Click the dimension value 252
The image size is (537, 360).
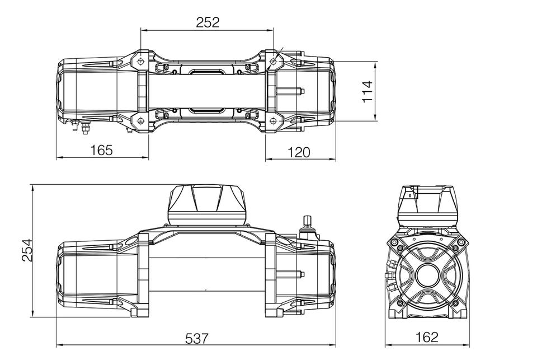(x=208, y=22)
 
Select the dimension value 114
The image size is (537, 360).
(x=367, y=91)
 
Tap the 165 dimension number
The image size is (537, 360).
(x=101, y=150)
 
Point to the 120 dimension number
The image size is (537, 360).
(x=298, y=152)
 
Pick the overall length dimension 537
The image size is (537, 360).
(x=196, y=339)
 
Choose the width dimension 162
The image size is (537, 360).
(x=427, y=337)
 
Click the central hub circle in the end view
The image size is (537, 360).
(x=427, y=276)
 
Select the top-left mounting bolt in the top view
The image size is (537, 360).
(x=140, y=60)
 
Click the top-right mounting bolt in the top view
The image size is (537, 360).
(x=273, y=60)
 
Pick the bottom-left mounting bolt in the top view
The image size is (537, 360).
(x=140, y=121)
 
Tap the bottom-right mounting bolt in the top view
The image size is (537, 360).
(x=273, y=121)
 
